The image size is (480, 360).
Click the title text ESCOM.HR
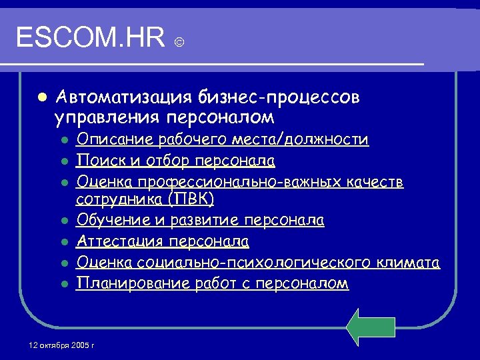pyautogui.click(x=91, y=38)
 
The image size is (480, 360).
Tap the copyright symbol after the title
pyautogui.click(x=179, y=43)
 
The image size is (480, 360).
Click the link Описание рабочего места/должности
pyautogui.click(x=222, y=139)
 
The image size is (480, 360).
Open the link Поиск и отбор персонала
pyautogui.click(x=176, y=161)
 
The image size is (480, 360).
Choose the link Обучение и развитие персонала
pyautogui.click(x=201, y=220)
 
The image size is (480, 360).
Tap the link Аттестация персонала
pyautogui.click(x=163, y=241)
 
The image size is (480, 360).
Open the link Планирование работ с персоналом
pyautogui.click(x=212, y=283)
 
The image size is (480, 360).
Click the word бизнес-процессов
pyautogui.click(x=279, y=98)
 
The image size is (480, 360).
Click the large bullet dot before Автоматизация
pyautogui.click(x=41, y=97)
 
